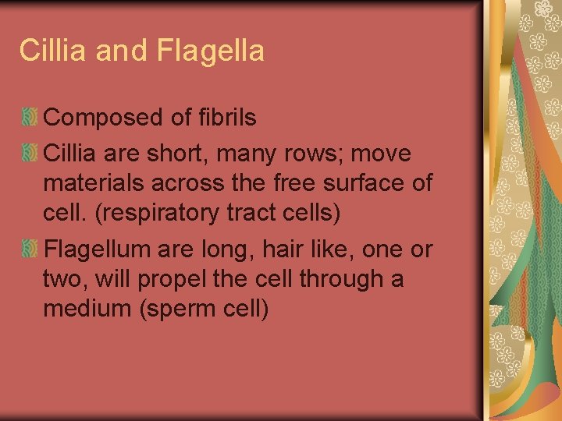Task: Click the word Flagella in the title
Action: pyautogui.click(x=211, y=51)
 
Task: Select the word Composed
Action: pyautogui.click(x=105, y=118)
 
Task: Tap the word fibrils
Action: pyautogui.click(x=227, y=118)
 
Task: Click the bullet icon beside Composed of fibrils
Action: pyautogui.click(x=30, y=119)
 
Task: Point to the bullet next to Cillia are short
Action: pyautogui.click(x=30, y=154)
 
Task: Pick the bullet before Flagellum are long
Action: pyautogui.click(x=30, y=249)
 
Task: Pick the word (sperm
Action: pyautogui.click(x=176, y=309)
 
